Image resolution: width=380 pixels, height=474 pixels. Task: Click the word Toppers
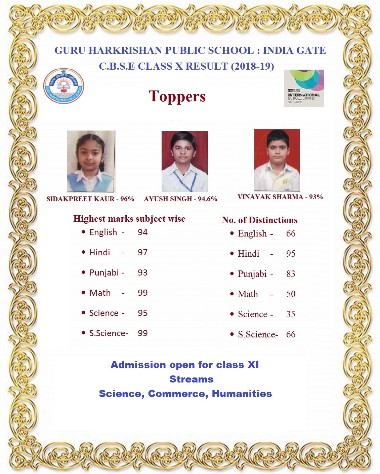(x=177, y=97)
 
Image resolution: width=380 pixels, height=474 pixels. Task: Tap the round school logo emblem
(x=64, y=86)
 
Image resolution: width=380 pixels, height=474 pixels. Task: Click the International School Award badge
(x=304, y=88)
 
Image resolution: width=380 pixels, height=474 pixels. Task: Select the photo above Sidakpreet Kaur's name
(x=91, y=161)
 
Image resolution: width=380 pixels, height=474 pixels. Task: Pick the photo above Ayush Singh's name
(x=184, y=161)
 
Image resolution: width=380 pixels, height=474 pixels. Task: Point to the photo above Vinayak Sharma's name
(x=277, y=160)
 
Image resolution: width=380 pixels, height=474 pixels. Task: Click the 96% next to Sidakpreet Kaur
(x=127, y=199)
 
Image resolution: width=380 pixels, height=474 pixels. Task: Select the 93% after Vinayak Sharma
(x=315, y=197)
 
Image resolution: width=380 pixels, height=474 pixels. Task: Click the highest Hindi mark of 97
(x=142, y=252)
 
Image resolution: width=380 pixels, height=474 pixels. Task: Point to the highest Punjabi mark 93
(x=142, y=272)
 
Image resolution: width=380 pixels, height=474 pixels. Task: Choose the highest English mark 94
(x=142, y=232)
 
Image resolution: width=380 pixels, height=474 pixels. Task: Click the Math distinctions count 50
(x=291, y=294)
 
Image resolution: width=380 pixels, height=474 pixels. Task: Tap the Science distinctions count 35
(x=291, y=314)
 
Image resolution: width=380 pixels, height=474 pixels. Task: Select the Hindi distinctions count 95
(x=291, y=254)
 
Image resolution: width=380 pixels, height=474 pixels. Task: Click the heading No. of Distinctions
(x=259, y=220)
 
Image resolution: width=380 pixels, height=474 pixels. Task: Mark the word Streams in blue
(x=191, y=379)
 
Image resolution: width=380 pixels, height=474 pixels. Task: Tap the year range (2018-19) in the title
(x=252, y=66)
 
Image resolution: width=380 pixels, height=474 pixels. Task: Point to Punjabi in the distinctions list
(x=252, y=274)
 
